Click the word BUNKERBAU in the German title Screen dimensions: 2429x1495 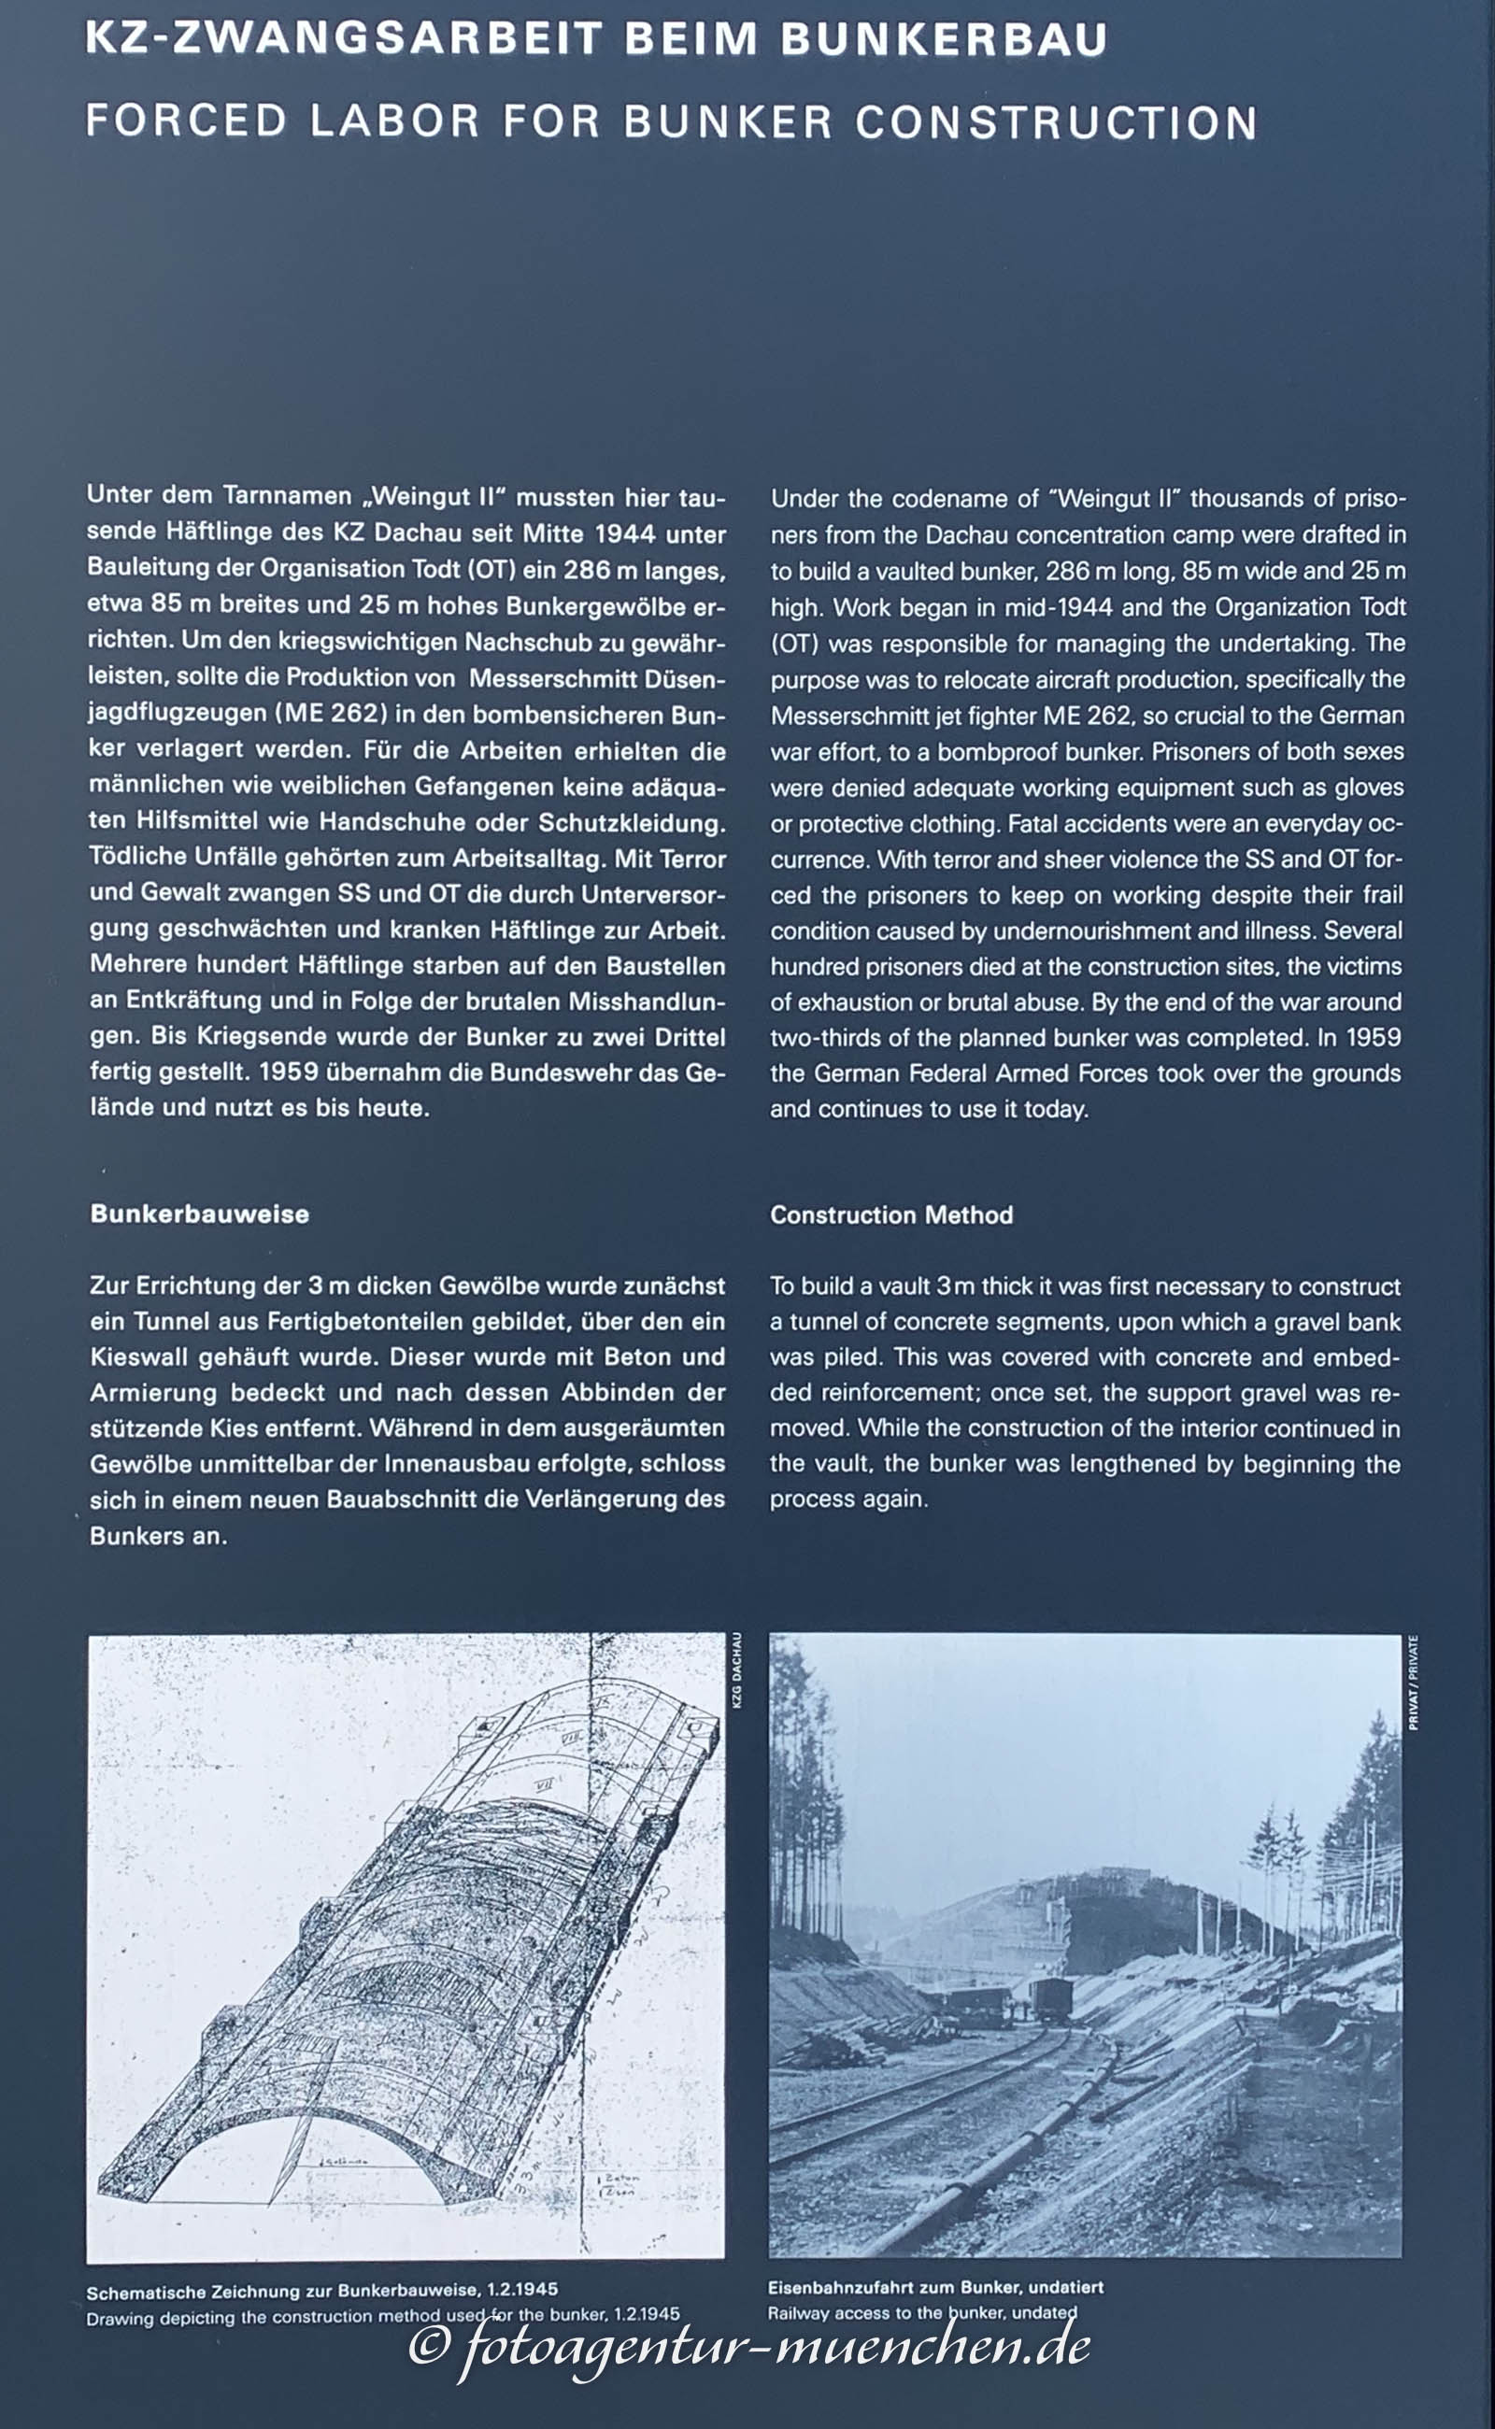(x=944, y=39)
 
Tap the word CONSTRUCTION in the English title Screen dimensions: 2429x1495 (x=1056, y=122)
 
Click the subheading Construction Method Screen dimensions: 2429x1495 (x=890, y=1215)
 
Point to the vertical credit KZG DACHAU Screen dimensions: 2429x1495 (x=736, y=1670)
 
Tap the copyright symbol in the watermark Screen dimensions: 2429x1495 (x=429, y=2346)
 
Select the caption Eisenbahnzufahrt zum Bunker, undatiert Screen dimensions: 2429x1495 (x=934, y=2288)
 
